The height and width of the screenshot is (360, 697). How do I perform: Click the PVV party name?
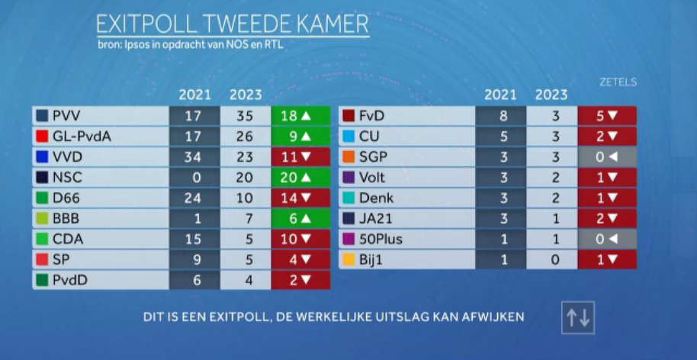66,117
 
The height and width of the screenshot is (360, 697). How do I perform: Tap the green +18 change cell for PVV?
300,117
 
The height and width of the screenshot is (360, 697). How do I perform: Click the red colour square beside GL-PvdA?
43,137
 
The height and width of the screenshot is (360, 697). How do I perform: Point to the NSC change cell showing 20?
300,178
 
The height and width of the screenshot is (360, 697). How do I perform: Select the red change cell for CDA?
300,239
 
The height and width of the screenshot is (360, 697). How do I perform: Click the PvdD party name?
69,280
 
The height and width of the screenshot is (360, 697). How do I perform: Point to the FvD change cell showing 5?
607,117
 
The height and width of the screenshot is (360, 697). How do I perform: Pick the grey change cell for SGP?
607,158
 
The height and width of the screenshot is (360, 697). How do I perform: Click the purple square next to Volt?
348,178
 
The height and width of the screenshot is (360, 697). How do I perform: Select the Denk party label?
376,198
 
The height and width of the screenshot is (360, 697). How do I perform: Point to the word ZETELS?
618,82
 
